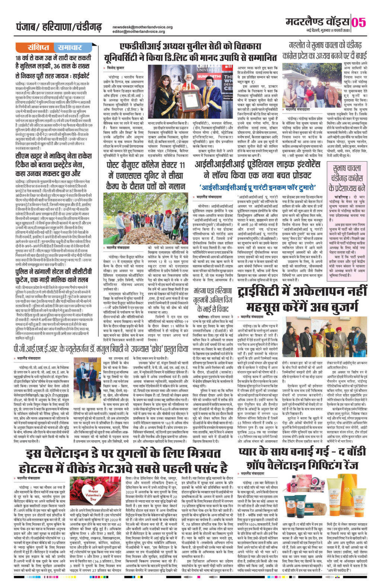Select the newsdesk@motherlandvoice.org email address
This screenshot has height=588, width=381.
[x=143, y=27]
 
